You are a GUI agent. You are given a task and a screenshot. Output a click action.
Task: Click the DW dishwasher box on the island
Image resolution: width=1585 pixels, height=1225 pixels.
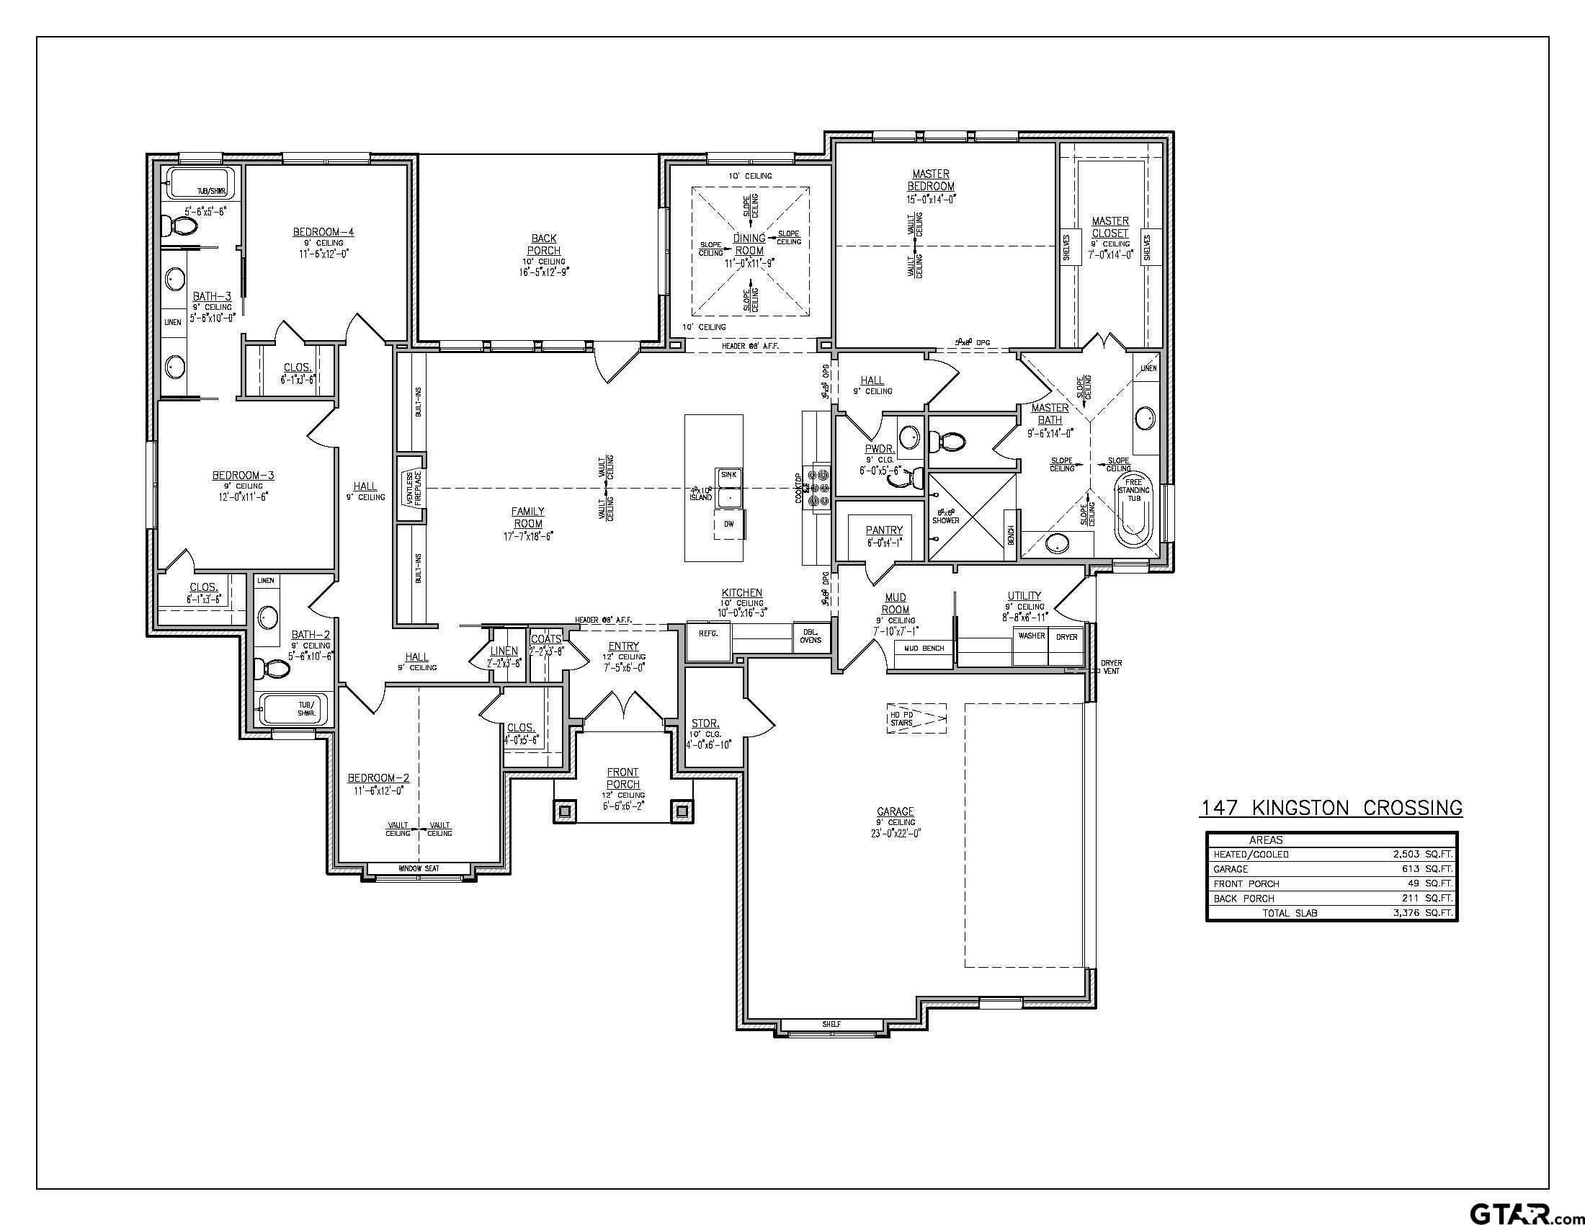pos(728,523)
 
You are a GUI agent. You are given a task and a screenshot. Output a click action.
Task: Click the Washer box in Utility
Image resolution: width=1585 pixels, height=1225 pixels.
pos(1031,646)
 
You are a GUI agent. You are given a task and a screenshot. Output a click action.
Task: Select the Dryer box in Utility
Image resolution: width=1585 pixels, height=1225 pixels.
pos(1066,646)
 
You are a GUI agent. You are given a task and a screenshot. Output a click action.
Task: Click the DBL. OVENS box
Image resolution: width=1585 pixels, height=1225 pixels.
pos(811,636)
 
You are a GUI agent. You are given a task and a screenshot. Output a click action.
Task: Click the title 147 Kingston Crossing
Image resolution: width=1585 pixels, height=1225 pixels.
pos(1331,808)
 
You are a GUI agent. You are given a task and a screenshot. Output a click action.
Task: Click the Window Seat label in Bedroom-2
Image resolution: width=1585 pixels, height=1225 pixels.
pos(419,869)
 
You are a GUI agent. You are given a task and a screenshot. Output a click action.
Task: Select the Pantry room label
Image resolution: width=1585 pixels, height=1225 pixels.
pos(883,530)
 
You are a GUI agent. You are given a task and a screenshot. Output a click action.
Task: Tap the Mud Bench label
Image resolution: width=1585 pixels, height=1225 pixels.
pos(924,647)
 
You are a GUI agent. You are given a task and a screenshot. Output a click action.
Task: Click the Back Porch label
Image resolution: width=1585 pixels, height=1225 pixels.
pos(543,244)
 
